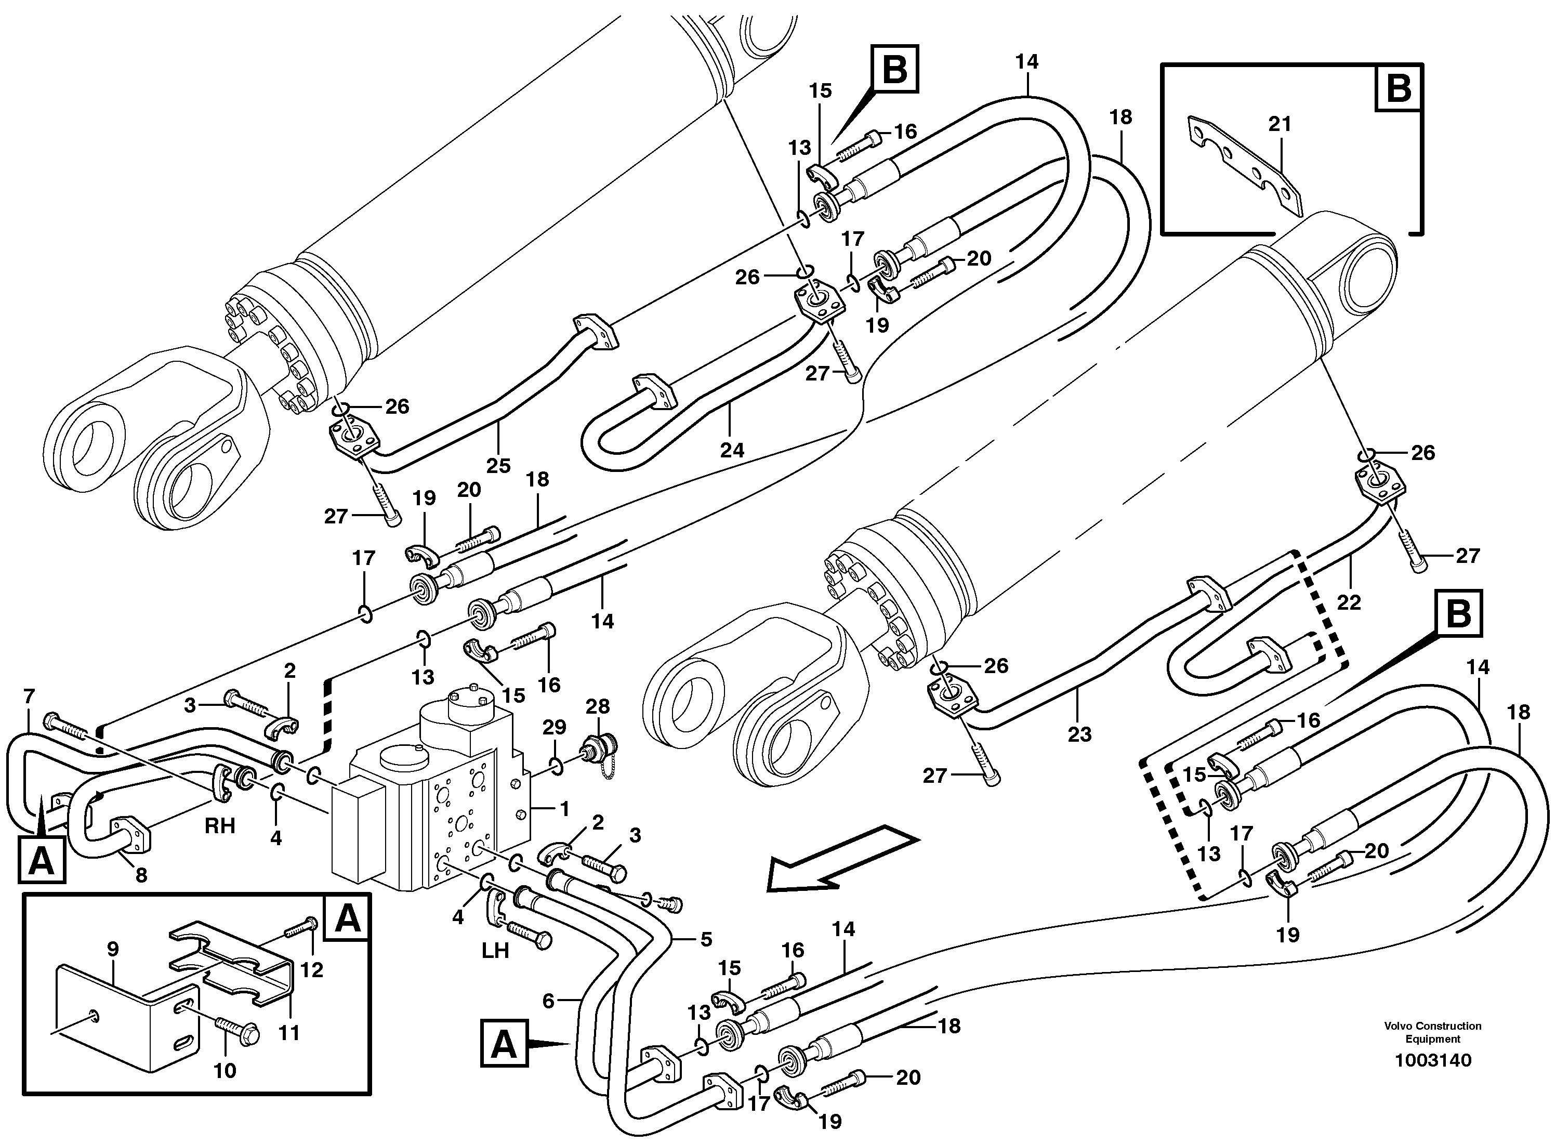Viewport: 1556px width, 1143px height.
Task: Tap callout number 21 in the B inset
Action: [1279, 125]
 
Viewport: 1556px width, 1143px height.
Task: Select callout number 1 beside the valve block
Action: [564, 808]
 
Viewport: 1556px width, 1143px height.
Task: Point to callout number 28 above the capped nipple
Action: [598, 706]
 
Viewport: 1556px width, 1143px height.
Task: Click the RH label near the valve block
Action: [219, 825]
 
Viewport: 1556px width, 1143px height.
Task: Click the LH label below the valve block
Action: [495, 951]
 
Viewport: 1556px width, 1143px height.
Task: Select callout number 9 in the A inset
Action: [113, 949]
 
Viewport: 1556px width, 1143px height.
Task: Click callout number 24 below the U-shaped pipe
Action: [732, 451]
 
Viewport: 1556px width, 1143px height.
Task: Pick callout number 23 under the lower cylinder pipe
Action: [1079, 734]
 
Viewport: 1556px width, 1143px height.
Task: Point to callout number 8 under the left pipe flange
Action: [141, 875]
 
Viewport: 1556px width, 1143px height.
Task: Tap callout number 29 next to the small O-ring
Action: [554, 727]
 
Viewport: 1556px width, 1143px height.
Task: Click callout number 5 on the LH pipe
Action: [706, 939]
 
